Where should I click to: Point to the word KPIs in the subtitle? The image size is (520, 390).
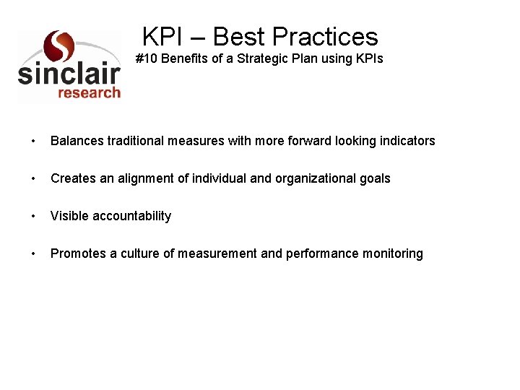tap(368, 58)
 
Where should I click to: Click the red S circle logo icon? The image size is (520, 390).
tap(58, 46)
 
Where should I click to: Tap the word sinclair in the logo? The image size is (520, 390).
tap(69, 74)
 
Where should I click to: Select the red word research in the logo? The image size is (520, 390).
tap(89, 92)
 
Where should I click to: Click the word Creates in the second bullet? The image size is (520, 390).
tap(74, 178)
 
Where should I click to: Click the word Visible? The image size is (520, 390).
tap(69, 216)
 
